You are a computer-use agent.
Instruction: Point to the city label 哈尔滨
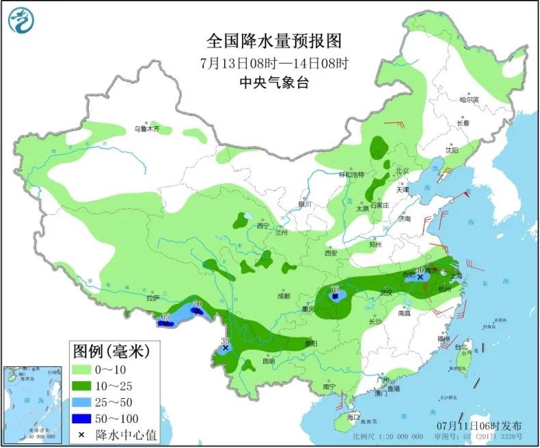(x=469, y=100)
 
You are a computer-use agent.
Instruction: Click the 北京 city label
(x=401, y=170)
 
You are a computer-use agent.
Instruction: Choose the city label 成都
(x=283, y=296)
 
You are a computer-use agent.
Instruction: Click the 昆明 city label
(x=267, y=361)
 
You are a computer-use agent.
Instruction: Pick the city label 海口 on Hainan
(x=353, y=416)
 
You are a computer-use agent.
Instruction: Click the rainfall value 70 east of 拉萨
(x=198, y=304)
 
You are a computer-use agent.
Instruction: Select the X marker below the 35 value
(x=226, y=348)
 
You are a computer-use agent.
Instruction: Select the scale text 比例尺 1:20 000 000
(x=383, y=436)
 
